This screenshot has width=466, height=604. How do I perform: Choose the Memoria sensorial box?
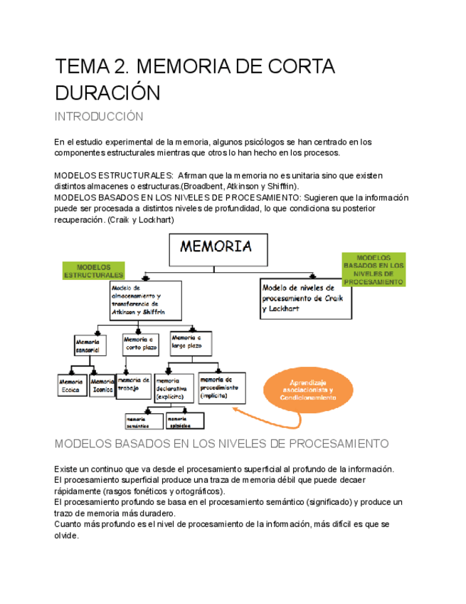[x=90, y=345]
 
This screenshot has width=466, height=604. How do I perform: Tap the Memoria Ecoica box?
[x=71, y=385]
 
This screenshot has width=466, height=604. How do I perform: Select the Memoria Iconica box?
[x=103, y=385]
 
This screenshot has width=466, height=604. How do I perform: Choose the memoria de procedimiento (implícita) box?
[x=221, y=387]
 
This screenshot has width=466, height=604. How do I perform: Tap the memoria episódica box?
[x=184, y=421]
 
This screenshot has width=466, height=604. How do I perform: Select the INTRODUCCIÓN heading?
[x=99, y=117]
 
